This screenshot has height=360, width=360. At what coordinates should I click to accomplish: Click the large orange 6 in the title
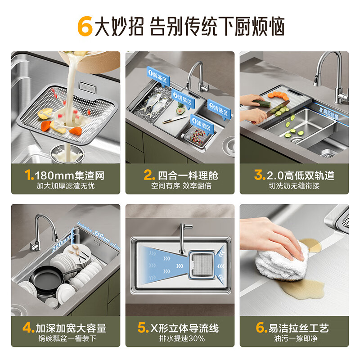click(x=85, y=27)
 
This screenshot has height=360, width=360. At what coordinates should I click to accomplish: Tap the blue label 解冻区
click(x=157, y=74)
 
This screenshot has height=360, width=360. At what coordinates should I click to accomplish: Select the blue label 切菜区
click(x=182, y=95)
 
